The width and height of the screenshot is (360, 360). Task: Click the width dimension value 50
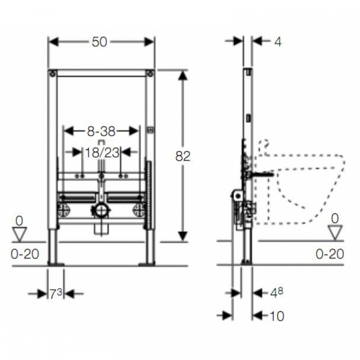pyautogui.click(x=100, y=42)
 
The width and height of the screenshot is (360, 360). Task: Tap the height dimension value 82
pyautogui.click(x=183, y=156)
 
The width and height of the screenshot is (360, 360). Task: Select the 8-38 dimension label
pyautogui.click(x=101, y=131)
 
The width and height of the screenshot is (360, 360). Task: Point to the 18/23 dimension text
pyautogui.click(x=103, y=152)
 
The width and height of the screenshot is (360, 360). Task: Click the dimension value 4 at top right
pyautogui.click(x=278, y=42)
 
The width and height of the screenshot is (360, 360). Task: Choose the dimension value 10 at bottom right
pyautogui.click(x=277, y=316)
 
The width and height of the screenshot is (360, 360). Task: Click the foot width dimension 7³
pyautogui.click(x=56, y=293)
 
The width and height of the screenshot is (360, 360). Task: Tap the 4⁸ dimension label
pyautogui.click(x=276, y=292)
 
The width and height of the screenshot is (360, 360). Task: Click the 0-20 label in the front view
pyautogui.click(x=25, y=254)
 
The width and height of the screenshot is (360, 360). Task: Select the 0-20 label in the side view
pyautogui.click(x=330, y=254)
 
